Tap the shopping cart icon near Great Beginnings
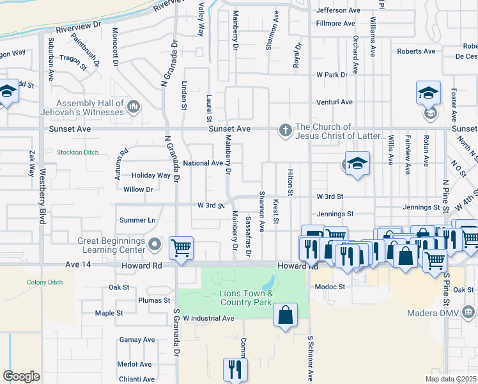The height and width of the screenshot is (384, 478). pos(181,248)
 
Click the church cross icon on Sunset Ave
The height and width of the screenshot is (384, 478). pos(286,131)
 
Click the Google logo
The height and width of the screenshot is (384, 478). pos(21,376)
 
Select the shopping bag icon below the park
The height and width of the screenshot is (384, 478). pos(285,316)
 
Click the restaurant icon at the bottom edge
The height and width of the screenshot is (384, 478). pos(235,369)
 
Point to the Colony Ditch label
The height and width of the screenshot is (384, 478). pos(43,282)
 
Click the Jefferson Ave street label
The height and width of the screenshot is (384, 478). pos(339,10)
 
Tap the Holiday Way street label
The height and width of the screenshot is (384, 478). pos(151,175)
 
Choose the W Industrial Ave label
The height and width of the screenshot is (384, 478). pos(208,317)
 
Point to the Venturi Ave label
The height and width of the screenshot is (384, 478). pos(335,102)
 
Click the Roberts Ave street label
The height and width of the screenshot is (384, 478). pos(416,51)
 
